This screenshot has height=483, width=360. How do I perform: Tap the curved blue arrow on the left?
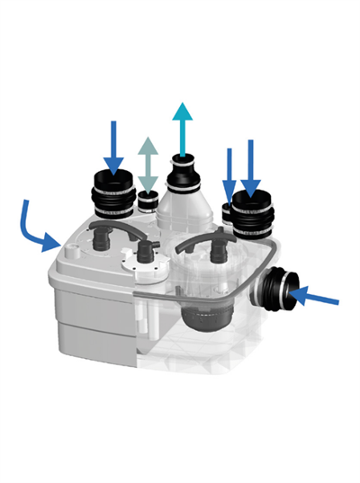click(x=40, y=229)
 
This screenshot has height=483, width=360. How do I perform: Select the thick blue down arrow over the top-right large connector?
click(x=251, y=165)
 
